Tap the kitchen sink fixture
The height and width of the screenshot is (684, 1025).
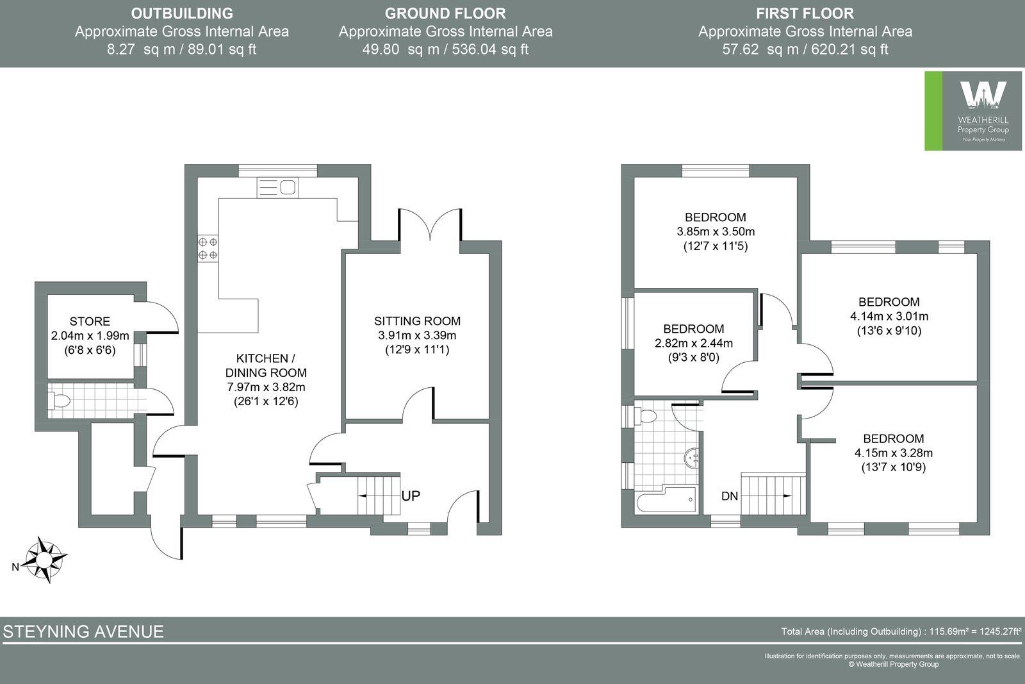[278, 187]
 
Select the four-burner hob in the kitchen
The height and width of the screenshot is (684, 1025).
[208, 249]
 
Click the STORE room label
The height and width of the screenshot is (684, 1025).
[90, 321]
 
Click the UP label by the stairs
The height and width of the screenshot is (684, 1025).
[411, 496]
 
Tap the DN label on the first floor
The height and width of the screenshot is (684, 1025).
[730, 496]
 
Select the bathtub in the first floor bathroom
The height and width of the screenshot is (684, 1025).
[666, 499]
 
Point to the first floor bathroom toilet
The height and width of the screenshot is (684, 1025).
[646, 416]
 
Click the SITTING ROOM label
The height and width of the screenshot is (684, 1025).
[417, 321]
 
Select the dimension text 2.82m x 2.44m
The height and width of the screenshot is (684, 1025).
[694, 343]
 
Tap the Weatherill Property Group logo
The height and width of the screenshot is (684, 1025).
[974, 111]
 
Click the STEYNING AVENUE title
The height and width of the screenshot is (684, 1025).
[83, 631]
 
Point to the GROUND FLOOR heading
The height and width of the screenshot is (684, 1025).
[445, 13]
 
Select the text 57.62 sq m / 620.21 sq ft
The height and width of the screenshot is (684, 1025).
[805, 49]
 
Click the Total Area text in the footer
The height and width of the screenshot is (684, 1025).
[901, 631]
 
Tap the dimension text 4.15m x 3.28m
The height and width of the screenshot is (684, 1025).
[893, 453]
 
